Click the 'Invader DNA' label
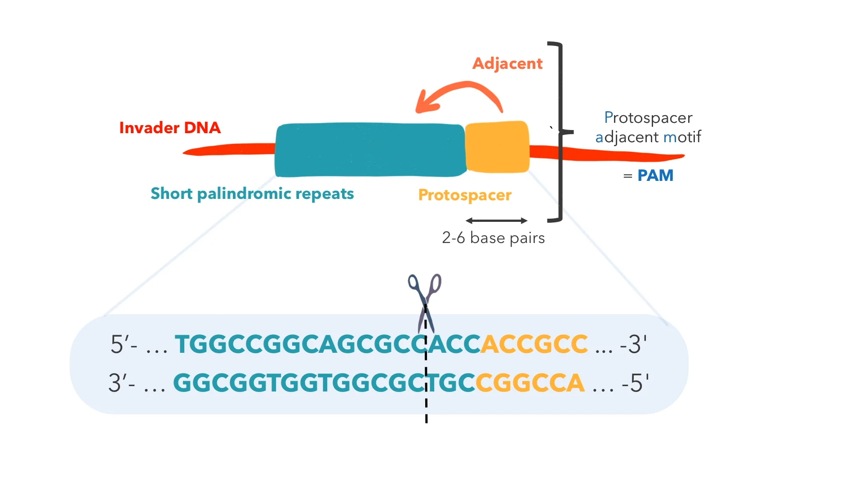coord(170,128)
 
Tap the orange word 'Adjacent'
coord(507,63)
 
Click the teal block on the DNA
coord(370,150)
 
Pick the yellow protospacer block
coord(497,147)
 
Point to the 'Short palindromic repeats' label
coord(252,193)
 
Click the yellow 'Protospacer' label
coord(465,195)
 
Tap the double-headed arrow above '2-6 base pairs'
coord(496,220)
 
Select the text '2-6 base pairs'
coord(493,238)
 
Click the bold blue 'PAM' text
coord(655,175)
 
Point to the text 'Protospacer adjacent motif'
coord(648,127)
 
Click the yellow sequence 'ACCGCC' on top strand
coord(534,344)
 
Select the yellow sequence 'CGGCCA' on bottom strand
coord(530,383)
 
